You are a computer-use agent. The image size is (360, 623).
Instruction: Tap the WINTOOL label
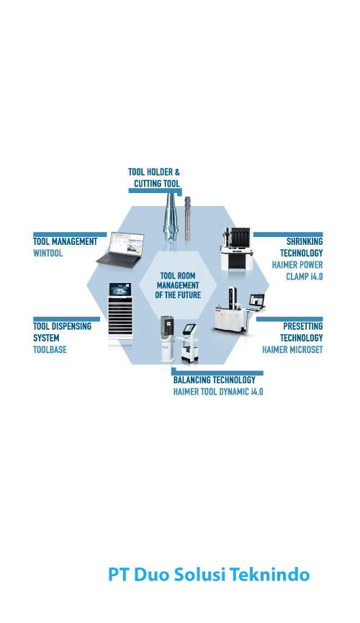pyautogui.click(x=48, y=253)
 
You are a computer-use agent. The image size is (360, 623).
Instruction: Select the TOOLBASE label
pyautogui.click(x=50, y=349)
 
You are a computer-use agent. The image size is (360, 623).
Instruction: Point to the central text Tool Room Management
pyautogui.click(x=178, y=285)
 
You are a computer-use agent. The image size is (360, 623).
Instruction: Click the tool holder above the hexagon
pyautogui.click(x=171, y=217)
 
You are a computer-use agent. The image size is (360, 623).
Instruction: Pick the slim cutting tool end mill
pyautogui.click(x=187, y=218)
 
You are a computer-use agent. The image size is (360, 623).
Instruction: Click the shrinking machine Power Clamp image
pyautogui.click(x=237, y=249)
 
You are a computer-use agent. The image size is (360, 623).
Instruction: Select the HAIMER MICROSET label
pyautogui.click(x=292, y=349)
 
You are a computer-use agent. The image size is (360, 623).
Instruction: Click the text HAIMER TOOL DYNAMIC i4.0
pyautogui.click(x=218, y=392)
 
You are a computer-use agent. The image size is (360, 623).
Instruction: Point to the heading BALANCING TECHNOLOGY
pyautogui.click(x=214, y=380)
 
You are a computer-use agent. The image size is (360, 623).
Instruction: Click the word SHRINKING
pyautogui.click(x=305, y=241)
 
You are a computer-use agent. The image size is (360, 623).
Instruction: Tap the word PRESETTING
pyautogui.click(x=303, y=326)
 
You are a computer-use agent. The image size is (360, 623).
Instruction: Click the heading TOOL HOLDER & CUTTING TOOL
pyautogui.click(x=154, y=178)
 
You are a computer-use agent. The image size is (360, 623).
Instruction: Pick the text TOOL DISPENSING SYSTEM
pyautogui.click(x=62, y=332)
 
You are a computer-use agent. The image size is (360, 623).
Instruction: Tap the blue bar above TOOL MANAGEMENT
pyautogui.click(x=70, y=234)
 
